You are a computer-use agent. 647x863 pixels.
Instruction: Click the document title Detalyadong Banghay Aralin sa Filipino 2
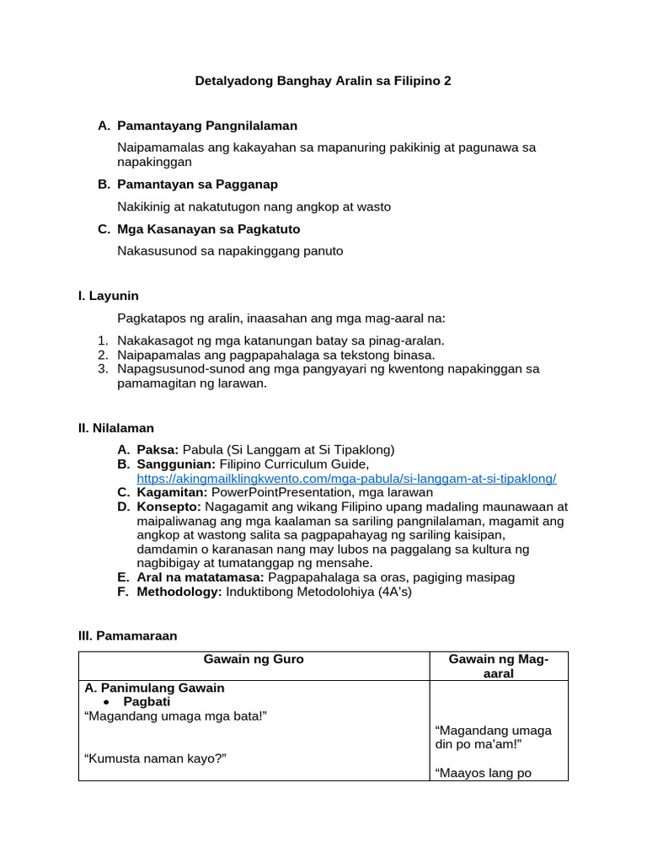pyautogui.click(x=323, y=81)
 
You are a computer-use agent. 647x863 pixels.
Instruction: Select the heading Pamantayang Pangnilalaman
pyautogui.click(x=207, y=126)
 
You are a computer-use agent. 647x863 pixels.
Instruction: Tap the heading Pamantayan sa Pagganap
pyautogui.click(x=198, y=184)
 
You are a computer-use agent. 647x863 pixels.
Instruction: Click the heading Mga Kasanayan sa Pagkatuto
pyautogui.click(x=209, y=228)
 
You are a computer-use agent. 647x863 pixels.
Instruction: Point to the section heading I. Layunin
pyautogui.click(x=108, y=296)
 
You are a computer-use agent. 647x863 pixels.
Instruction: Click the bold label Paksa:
pyautogui.click(x=158, y=449)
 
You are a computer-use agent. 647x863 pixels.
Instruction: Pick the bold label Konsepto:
pyautogui.click(x=168, y=507)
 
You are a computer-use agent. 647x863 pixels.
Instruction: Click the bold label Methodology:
pyautogui.click(x=179, y=592)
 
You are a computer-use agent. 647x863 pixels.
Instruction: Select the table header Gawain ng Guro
pyautogui.click(x=254, y=659)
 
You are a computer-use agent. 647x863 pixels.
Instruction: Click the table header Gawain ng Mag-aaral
pyautogui.click(x=499, y=666)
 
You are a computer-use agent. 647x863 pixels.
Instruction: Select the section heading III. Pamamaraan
pyautogui.click(x=127, y=635)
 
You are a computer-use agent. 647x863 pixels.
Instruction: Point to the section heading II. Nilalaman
pyautogui.click(x=115, y=428)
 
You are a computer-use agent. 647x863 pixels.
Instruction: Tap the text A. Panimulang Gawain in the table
pyautogui.click(x=155, y=688)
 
